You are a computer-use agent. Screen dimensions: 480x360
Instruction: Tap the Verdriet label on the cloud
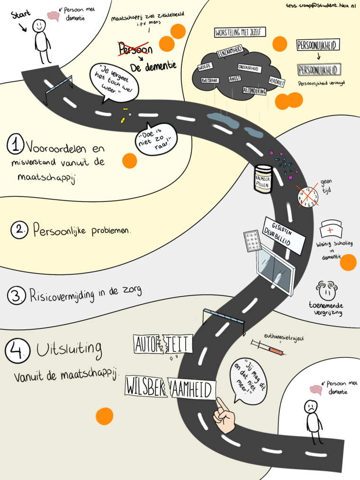pos(276,81)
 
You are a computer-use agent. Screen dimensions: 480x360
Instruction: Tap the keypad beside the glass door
pos(251,243)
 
